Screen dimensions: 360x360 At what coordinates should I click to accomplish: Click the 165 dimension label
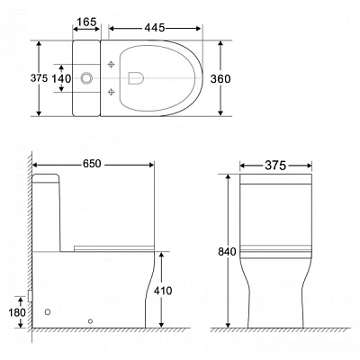[x=86, y=22]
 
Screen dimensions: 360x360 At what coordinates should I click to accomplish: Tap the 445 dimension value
[x=155, y=28]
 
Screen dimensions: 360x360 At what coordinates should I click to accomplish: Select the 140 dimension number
[x=61, y=78]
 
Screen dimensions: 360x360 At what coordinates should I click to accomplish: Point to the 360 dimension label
[x=220, y=78]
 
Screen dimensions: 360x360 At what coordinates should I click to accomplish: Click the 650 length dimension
[x=92, y=164]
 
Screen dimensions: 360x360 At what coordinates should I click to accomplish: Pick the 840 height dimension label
[x=227, y=252]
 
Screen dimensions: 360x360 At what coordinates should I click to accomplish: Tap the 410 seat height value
[x=163, y=291]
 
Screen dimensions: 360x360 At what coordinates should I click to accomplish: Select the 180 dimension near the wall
[x=17, y=312]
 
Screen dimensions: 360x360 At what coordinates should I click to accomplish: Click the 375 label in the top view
[x=39, y=78]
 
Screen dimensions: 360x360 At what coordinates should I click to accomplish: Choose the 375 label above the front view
[x=275, y=166]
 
